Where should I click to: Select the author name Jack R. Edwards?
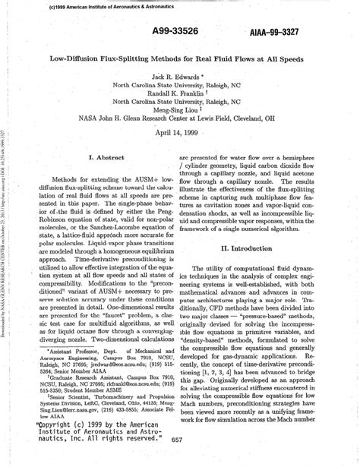tap(180, 77)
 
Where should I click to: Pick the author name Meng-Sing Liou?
tap(180, 108)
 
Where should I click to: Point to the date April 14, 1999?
tap(180, 131)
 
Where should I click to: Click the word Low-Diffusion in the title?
tap(78, 57)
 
